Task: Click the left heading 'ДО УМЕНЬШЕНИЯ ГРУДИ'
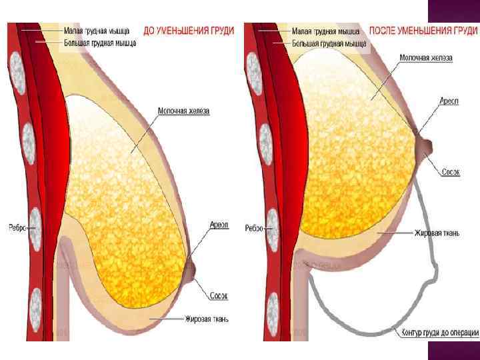[189, 31]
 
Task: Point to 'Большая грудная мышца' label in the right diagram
[330, 44]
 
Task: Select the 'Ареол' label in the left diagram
[219, 225]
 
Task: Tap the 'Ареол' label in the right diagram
[447, 101]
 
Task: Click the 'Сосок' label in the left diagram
[219, 294]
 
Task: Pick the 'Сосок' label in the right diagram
[451, 171]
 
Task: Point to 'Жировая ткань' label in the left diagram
[207, 319]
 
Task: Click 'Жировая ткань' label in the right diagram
[437, 233]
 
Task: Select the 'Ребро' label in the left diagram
[17, 227]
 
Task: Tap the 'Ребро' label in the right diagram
[254, 228]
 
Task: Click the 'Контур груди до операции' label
[440, 332]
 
